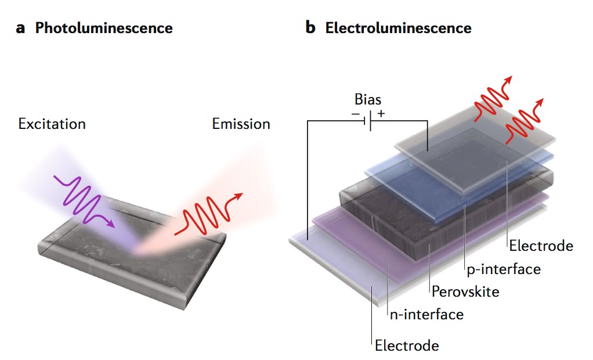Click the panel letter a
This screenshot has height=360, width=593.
tap(20, 28)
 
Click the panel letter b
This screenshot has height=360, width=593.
tap(311, 27)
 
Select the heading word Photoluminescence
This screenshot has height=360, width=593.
tap(104, 28)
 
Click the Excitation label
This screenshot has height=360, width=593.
tap(52, 124)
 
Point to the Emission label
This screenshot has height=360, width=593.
tap(241, 124)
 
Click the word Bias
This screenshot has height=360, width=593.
tap(368, 99)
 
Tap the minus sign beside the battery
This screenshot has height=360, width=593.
tap(356, 114)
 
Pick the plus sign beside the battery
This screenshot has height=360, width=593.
tap(381, 114)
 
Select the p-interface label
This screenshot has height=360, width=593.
tap(503, 269)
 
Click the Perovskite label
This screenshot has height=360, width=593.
tap(465, 291)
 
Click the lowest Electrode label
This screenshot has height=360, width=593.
tap(406, 345)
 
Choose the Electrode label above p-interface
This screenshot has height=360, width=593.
tap(541, 246)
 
